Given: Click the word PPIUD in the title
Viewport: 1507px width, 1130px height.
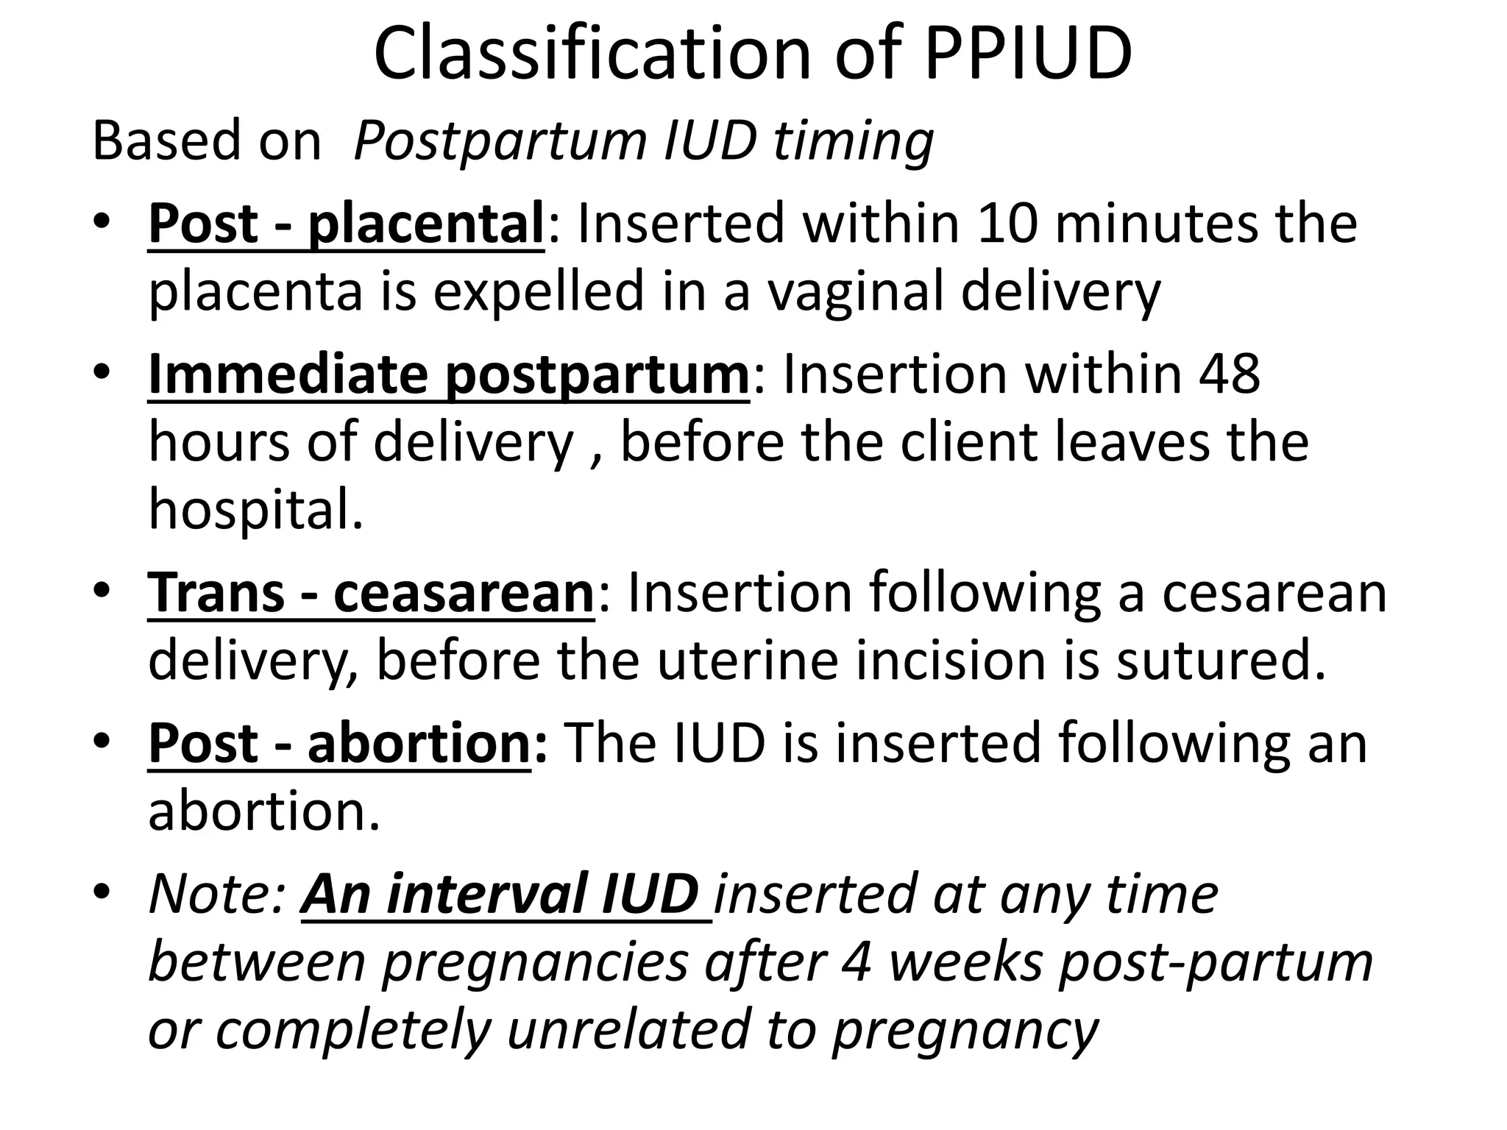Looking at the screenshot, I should (1027, 53).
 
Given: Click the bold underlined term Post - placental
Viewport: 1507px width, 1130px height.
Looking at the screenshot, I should (346, 224).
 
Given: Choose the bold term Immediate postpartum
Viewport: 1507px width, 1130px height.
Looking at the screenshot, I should (448, 374).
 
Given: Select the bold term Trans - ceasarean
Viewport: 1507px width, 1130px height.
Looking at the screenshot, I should (371, 593).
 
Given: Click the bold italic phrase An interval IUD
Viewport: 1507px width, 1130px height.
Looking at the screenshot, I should (500, 894).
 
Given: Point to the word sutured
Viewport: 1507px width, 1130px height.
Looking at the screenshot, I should (1221, 661).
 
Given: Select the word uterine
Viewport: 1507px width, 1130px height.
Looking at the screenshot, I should (748, 661).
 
